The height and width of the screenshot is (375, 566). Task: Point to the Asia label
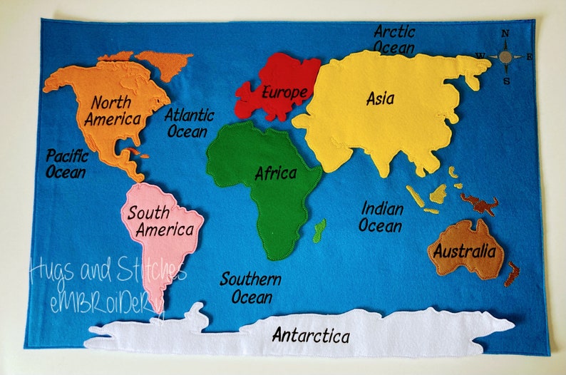click(x=380, y=99)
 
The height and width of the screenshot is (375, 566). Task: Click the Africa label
click(x=275, y=173)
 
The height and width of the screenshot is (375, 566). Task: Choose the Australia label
click(x=464, y=251)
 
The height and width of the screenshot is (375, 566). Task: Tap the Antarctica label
click(x=311, y=335)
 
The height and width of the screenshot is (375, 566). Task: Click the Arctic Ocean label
click(x=394, y=40)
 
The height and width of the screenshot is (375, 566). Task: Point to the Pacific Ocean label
click(x=66, y=163)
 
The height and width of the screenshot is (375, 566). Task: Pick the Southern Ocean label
click(x=249, y=287)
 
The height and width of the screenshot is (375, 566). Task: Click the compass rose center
click(x=505, y=56)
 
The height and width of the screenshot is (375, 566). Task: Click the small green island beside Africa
click(x=320, y=228)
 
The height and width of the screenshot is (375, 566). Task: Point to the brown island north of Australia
click(x=480, y=205)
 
